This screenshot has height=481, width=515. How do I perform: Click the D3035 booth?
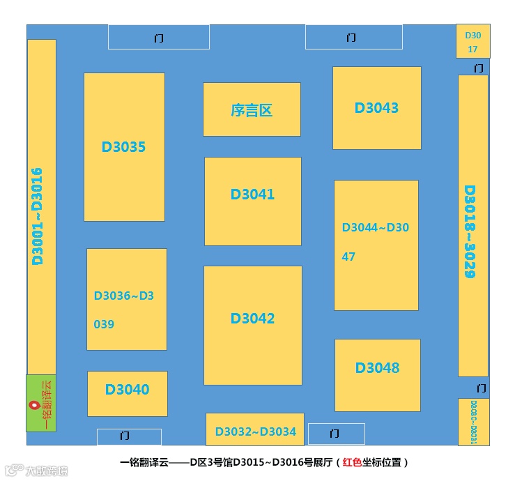pyautogui.click(x=124, y=147)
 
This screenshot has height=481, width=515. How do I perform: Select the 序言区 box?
pyautogui.click(x=252, y=109)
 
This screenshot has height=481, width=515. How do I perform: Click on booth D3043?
pyautogui.click(x=376, y=108)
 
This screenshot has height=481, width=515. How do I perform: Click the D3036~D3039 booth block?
pyautogui.click(x=126, y=299)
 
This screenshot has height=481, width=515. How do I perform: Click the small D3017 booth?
pyautogui.click(x=472, y=42)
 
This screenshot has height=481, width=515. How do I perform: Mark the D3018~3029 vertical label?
pyautogui.click(x=470, y=231)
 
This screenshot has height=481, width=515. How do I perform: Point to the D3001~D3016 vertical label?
pyautogui.click(x=38, y=216)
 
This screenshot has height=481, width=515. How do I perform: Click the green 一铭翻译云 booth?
pyautogui.click(x=41, y=403)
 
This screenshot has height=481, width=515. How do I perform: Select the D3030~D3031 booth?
pyautogui.click(x=473, y=422)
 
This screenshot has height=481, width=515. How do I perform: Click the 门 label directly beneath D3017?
pyautogui.click(x=478, y=68)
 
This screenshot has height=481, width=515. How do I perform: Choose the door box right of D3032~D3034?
pyautogui.click(x=336, y=434)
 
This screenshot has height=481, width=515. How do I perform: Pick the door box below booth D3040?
pyautogui.click(x=129, y=436)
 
